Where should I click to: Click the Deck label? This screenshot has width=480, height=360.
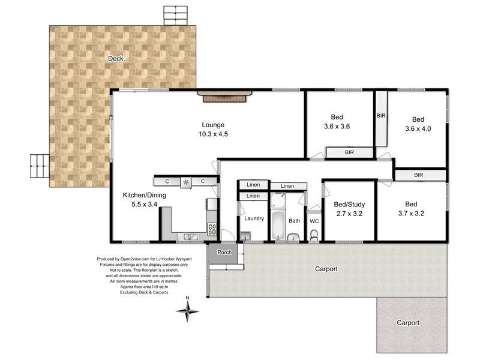click(x=115, y=58)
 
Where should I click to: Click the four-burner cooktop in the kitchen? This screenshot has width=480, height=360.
click(x=212, y=229)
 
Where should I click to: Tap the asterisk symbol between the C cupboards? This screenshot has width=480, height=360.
click(x=186, y=181)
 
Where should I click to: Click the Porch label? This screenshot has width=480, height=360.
click(x=224, y=252)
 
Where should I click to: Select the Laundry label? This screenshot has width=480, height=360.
click(x=254, y=218)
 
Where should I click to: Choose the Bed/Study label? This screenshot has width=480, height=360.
click(x=349, y=204)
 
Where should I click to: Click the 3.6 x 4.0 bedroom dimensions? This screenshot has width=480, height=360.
click(x=418, y=128)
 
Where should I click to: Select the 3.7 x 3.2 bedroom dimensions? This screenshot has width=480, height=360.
click(x=411, y=213)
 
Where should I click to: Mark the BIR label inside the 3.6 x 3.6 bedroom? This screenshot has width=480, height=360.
click(x=349, y=153)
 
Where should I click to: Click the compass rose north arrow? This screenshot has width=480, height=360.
click(x=188, y=309)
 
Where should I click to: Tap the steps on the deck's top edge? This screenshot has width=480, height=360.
click(x=175, y=16)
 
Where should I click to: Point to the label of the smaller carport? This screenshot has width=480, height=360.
click(x=408, y=323)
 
